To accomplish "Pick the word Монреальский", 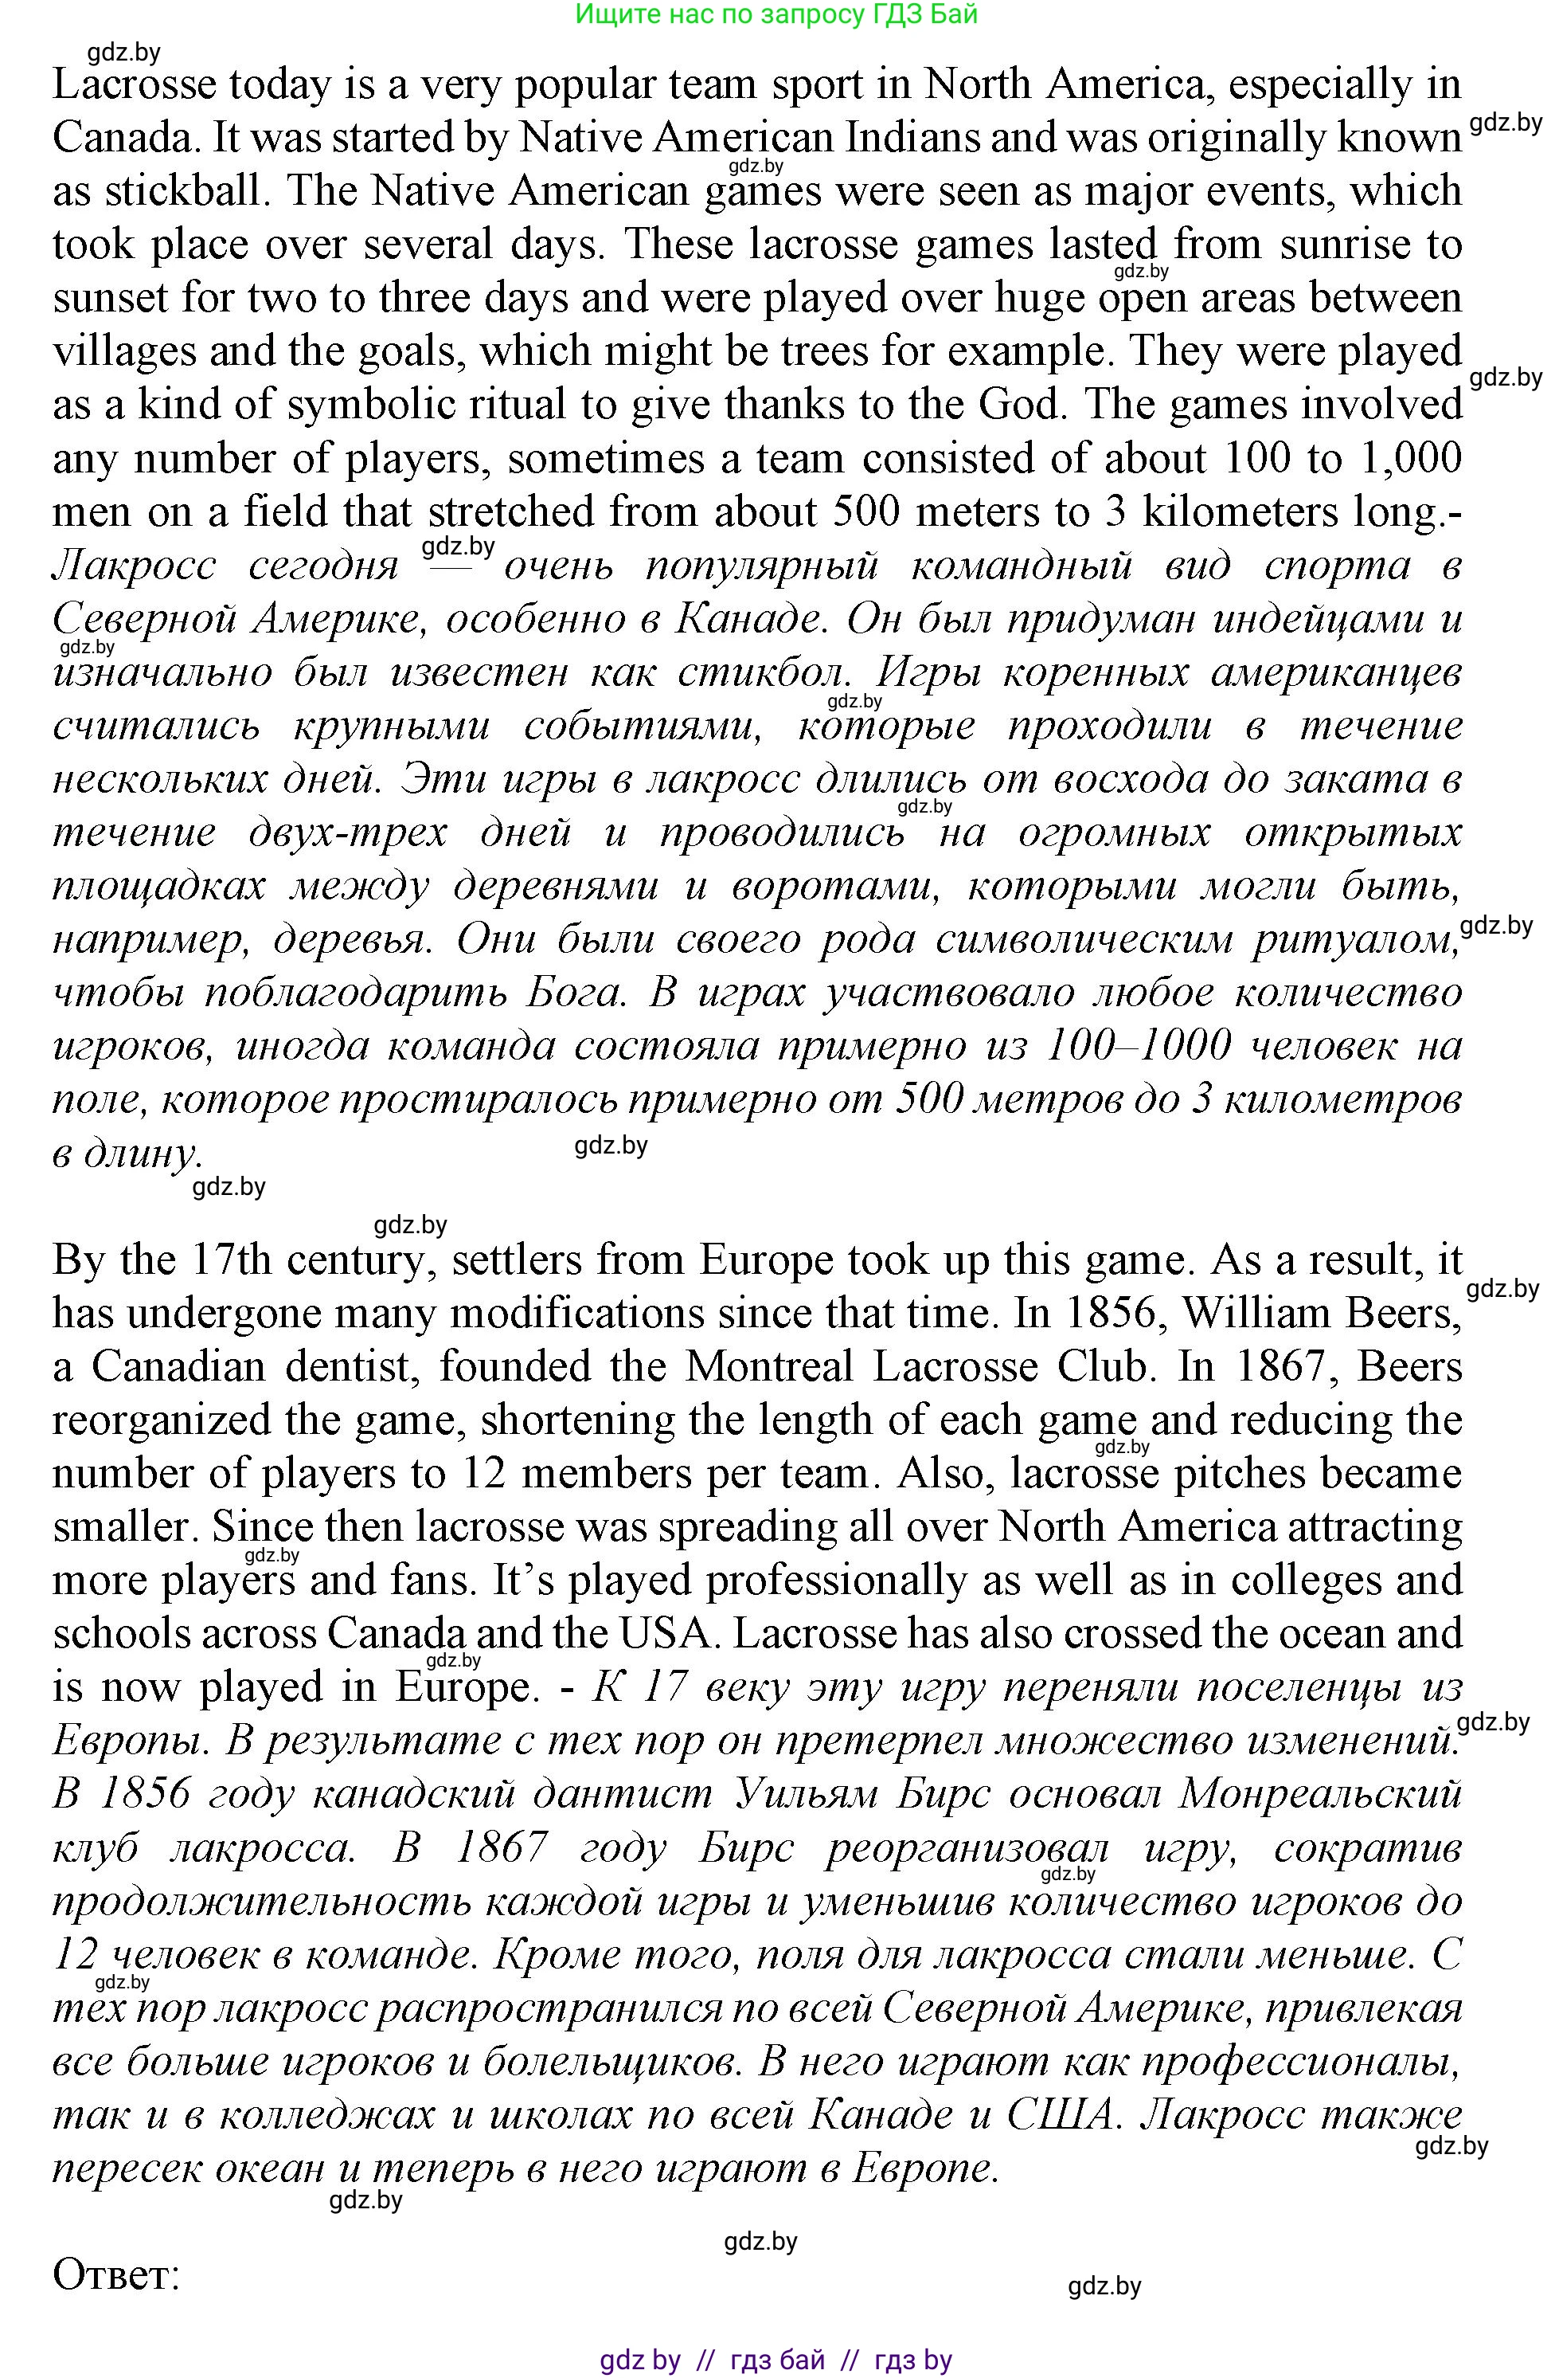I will click(1319, 1795).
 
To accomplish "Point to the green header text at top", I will click(776, 14).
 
